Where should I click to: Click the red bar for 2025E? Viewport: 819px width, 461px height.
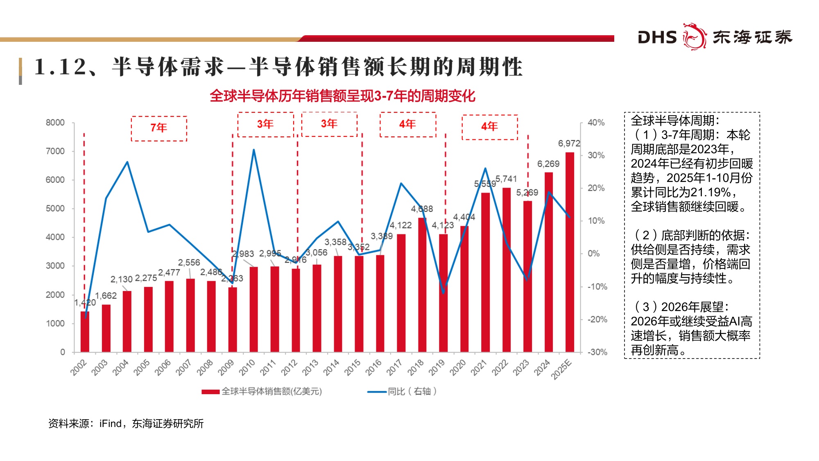(x=570, y=252)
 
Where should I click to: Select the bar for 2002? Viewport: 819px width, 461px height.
(x=85, y=332)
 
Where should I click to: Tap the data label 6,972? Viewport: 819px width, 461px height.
(x=569, y=143)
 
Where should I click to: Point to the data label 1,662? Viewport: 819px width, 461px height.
(x=106, y=295)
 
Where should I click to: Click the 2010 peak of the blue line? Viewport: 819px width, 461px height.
(x=253, y=150)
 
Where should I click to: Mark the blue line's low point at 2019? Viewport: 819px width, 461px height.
(x=443, y=293)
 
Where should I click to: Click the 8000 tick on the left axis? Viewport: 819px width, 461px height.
(x=55, y=123)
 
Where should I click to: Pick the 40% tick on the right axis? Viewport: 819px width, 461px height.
(x=596, y=123)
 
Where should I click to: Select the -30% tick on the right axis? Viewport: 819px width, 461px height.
(x=597, y=352)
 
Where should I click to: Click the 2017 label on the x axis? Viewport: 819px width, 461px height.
(x=394, y=367)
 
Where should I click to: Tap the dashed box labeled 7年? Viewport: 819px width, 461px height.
(x=159, y=128)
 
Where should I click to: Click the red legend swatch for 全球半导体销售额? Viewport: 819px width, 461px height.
(x=210, y=392)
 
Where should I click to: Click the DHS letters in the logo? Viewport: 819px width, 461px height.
(x=657, y=37)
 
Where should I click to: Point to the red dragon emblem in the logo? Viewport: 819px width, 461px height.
(x=694, y=36)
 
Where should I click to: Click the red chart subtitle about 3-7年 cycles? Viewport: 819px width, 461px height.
(x=342, y=96)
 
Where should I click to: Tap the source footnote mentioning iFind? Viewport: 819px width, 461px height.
(x=126, y=423)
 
